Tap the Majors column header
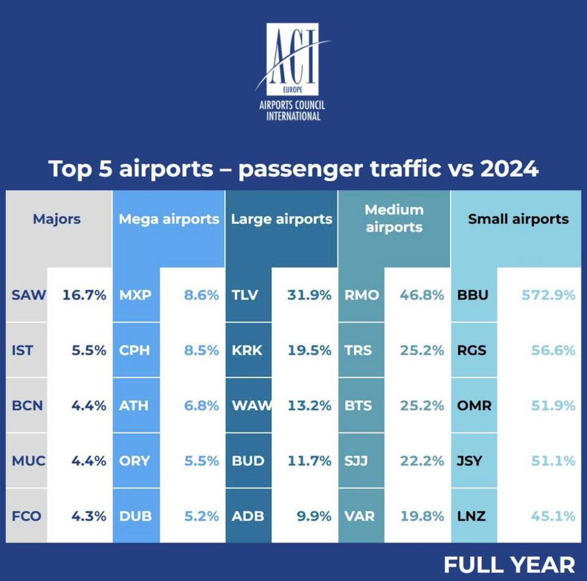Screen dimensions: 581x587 [56, 219]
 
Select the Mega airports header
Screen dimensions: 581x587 [169, 219]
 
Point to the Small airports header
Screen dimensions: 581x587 [518, 219]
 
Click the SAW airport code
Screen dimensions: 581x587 [28, 295]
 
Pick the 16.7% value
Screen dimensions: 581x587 [84, 295]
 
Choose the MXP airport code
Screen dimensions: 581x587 [135, 295]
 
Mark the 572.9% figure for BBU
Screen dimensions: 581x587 [548, 295]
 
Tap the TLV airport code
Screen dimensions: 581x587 [245, 295]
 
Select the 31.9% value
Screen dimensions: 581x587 [309, 295]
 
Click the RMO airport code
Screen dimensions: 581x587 [362, 295]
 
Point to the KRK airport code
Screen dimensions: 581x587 [247, 350]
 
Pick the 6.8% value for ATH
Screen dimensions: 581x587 [201, 406]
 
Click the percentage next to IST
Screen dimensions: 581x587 [89, 350]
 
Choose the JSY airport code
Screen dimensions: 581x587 [470, 461]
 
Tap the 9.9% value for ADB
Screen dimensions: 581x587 [314, 516]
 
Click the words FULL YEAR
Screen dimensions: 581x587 [509, 565]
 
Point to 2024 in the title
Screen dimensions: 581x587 [509, 169]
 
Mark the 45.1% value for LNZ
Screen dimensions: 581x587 [553, 516]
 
